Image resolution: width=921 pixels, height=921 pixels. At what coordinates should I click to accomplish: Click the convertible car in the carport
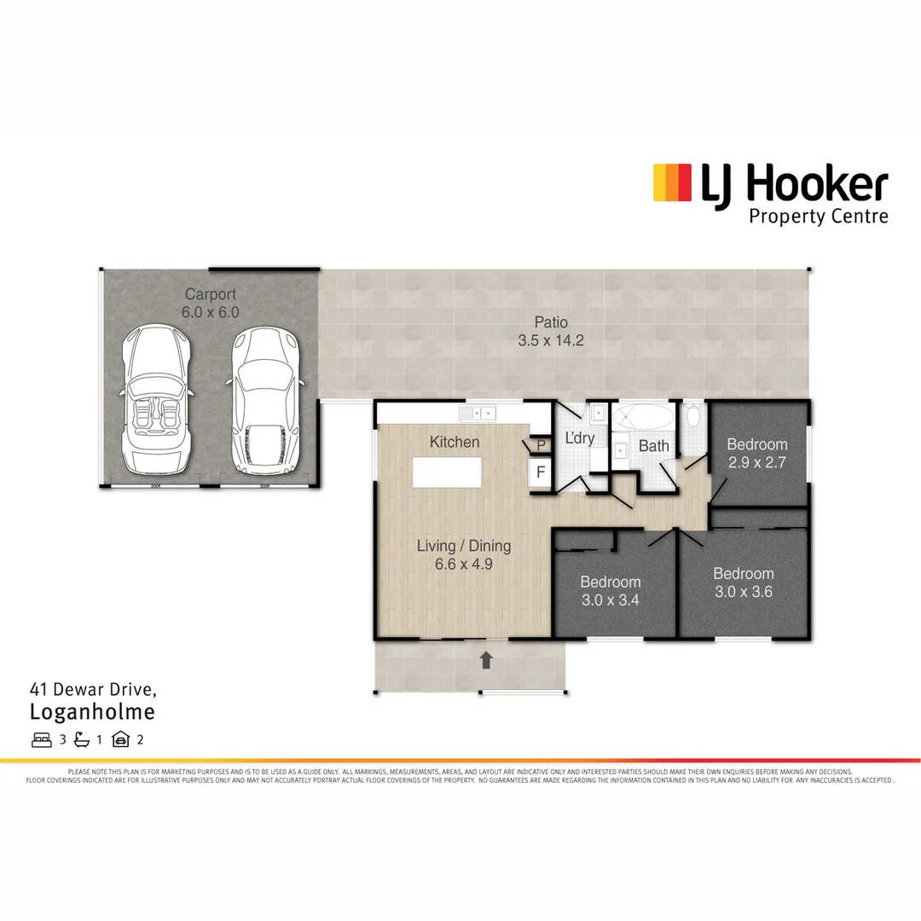click(154, 401)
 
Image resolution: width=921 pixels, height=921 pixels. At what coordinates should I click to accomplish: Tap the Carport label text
click(210, 295)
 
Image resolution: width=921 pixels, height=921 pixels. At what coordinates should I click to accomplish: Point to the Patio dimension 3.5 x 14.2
click(551, 340)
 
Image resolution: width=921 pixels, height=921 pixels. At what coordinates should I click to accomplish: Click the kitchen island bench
click(446, 472)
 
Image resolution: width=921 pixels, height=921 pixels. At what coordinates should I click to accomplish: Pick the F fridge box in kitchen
click(539, 472)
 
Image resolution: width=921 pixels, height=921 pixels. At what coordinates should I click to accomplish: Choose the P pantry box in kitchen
click(541, 445)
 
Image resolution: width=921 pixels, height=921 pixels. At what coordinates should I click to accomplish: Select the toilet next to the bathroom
click(692, 417)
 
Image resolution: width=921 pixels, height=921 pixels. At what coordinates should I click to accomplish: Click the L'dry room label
click(580, 439)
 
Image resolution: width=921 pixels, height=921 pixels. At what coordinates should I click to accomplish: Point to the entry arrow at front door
click(486, 658)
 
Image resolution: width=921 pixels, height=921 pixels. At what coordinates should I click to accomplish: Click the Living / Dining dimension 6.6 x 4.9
click(463, 564)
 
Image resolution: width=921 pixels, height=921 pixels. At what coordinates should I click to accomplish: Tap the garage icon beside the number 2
click(120, 739)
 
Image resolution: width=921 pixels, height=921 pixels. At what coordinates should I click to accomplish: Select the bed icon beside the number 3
click(41, 739)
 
